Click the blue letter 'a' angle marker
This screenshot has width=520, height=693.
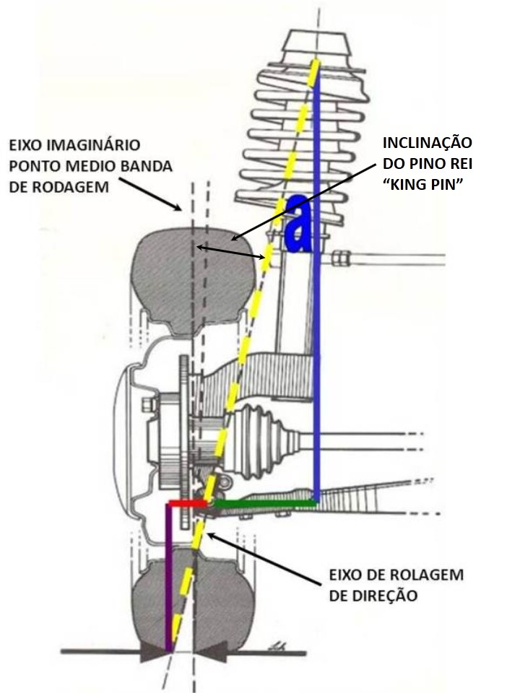[x=298, y=225]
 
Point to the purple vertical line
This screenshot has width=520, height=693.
[x=168, y=577]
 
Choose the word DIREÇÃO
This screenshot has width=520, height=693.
[x=374, y=596]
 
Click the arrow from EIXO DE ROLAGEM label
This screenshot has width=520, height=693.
[x=260, y=559]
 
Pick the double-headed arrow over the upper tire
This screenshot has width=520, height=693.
[x=231, y=252]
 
